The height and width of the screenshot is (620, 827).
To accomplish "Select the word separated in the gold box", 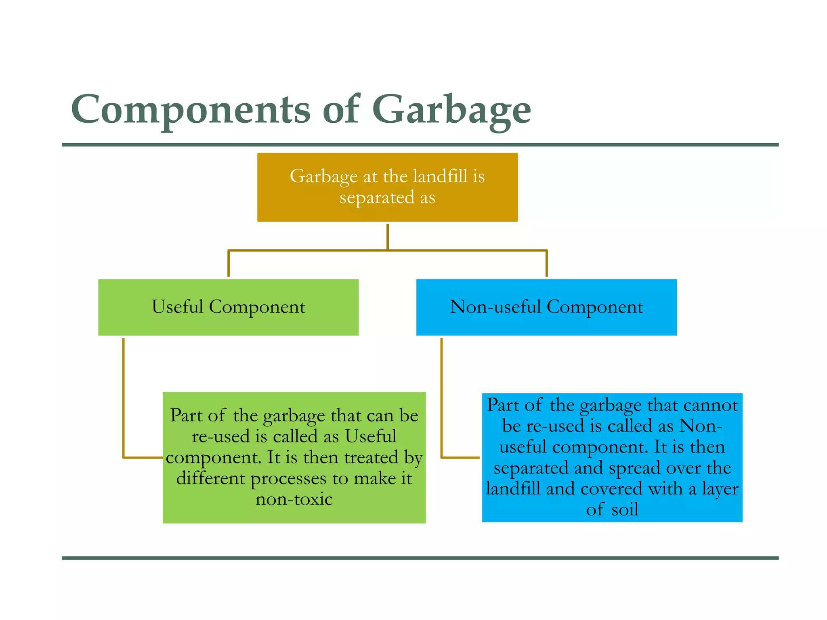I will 377,198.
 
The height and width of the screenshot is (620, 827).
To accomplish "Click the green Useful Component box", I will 228,307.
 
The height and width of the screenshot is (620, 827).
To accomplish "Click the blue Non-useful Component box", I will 546,307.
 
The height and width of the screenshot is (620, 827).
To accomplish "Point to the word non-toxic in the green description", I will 294,499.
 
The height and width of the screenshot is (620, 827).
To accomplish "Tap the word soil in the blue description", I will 625,509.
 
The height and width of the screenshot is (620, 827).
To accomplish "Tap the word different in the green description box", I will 211,479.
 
